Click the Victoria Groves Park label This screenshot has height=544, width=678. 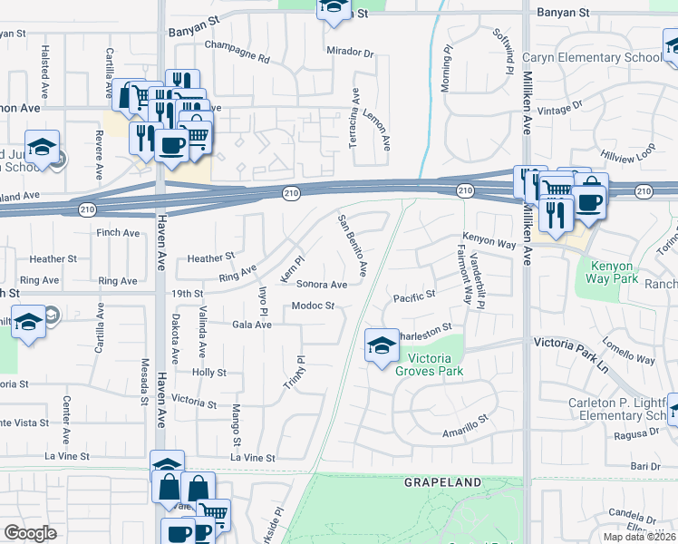click(431, 364)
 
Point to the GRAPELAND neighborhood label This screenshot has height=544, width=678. click(443, 483)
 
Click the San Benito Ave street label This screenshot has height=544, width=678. click(353, 245)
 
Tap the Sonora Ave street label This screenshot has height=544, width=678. click(322, 284)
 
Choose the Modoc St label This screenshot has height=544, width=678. click(314, 306)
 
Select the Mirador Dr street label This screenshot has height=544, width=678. click(350, 53)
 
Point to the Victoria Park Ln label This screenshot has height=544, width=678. click(575, 344)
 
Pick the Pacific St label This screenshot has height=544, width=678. click(414, 296)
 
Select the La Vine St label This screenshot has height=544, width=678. click(252, 458)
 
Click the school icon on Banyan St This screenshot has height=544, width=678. click(332, 8)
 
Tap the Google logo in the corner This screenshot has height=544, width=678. click(29, 533)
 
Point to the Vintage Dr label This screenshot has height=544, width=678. click(560, 110)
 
